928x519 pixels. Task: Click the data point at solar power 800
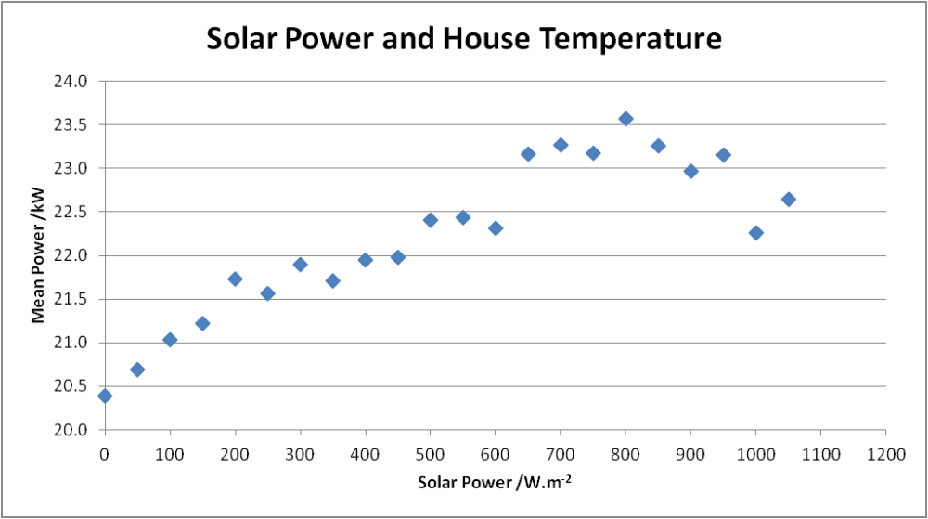tap(625, 119)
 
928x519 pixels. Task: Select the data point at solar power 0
tap(105, 396)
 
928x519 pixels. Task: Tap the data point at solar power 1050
tap(788, 200)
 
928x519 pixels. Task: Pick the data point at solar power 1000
tap(755, 233)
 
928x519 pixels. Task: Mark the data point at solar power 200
tap(235, 279)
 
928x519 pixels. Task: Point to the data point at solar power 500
tap(431, 221)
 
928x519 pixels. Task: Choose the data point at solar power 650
tap(528, 154)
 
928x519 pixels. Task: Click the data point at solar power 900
tap(690, 172)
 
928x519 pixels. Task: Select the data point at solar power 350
tap(332, 281)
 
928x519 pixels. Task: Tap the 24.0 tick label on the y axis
tap(71, 81)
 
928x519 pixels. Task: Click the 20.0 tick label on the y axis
tap(71, 430)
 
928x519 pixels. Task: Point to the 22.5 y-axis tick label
tap(71, 212)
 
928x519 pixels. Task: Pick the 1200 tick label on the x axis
tap(886, 455)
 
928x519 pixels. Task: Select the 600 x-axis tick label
tap(496, 455)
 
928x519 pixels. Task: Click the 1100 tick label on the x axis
tap(821, 455)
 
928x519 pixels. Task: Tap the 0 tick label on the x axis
tap(105, 455)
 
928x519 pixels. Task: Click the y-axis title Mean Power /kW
tap(38, 255)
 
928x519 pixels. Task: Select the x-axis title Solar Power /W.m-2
tap(495, 482)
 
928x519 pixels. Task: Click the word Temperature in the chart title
tap(630, 39)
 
